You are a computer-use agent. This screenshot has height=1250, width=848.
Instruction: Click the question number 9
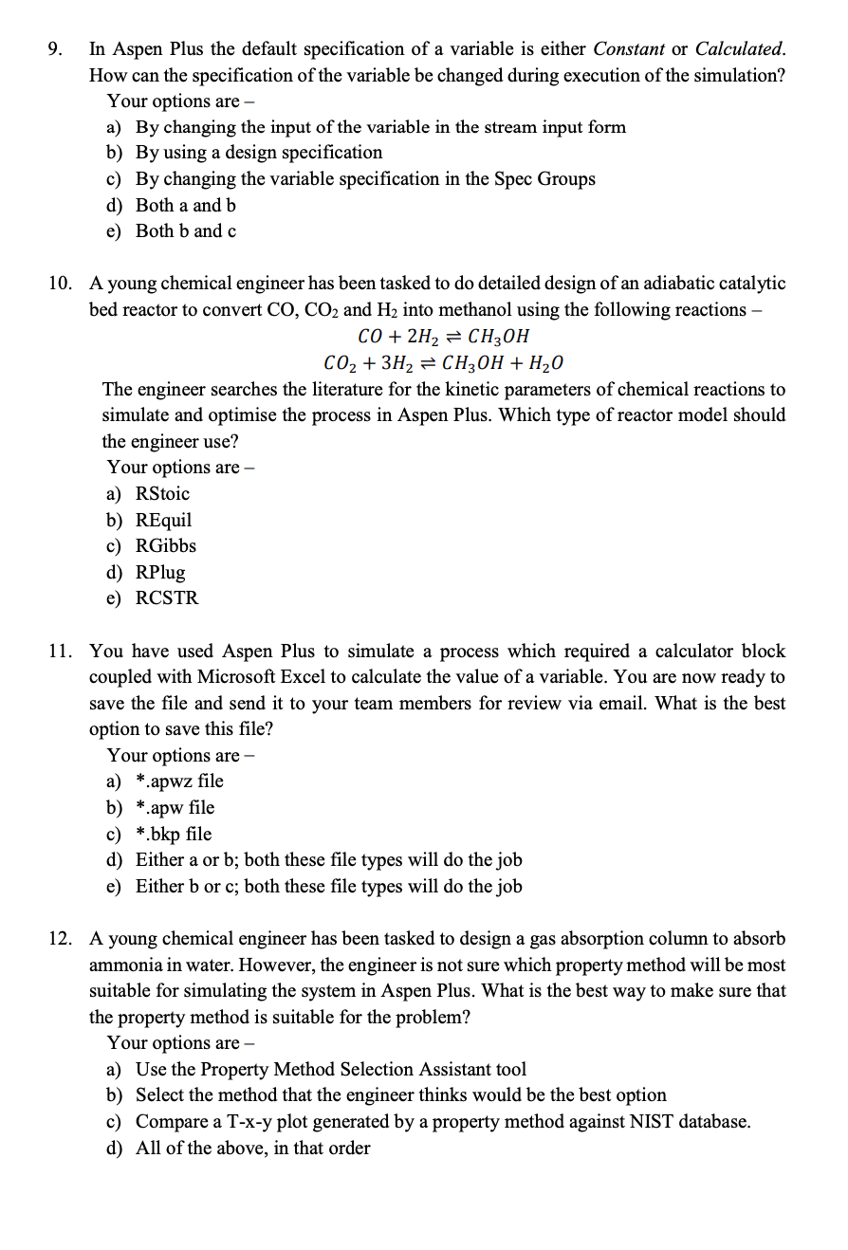click(x=55, y=48)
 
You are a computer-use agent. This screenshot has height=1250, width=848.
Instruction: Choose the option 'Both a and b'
click(x=186, y=205)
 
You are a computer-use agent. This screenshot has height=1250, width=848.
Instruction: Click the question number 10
click(x=60, y=284)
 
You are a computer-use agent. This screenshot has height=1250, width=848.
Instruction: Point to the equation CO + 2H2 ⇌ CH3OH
click(x=443, y=337)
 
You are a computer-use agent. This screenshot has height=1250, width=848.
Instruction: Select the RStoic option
click(x=162, y=493)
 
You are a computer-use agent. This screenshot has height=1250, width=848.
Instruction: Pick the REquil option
click(x=163, y=520)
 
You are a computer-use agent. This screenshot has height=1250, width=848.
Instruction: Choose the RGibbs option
click(x=166, y=545)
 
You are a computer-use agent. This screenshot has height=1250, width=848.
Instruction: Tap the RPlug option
click(x=160, y=572)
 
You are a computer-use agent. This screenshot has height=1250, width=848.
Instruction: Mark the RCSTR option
click(x=167, y=598)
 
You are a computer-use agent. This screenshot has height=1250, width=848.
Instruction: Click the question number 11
click(x=60, y=652)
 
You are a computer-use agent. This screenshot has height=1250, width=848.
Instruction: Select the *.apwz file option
click(x=180, y=781)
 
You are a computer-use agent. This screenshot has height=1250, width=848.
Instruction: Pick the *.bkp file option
click(x=175, y=834)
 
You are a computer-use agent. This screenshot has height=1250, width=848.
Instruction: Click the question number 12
click(x=60, y=939)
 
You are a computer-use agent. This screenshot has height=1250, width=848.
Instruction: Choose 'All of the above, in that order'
click(x=252, y=1148)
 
